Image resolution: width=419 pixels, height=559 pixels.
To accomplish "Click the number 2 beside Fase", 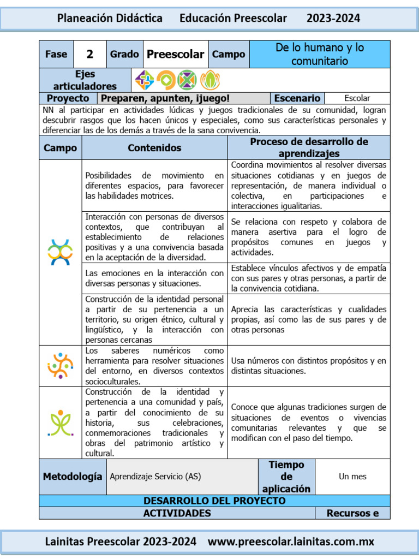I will (90, 54).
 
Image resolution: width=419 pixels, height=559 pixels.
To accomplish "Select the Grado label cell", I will (124, 54).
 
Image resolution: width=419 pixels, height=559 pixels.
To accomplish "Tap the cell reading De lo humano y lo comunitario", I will (319, 54).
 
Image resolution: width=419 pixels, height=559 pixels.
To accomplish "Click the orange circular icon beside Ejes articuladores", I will (166, 80).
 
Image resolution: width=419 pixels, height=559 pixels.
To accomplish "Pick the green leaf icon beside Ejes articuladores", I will (209, 80).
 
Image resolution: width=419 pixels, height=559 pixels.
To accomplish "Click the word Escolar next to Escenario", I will (357, 98).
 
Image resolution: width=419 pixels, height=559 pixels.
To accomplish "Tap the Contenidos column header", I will (154, 147).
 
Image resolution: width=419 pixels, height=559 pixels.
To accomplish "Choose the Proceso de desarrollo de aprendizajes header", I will (309, 147).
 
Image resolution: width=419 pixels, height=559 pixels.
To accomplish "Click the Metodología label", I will (73, 476).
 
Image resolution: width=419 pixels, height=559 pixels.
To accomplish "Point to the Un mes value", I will (352, 476).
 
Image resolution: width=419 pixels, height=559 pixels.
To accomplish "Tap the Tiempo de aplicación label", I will (286, 476).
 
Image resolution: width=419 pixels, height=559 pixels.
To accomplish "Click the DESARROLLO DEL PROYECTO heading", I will (214, 501).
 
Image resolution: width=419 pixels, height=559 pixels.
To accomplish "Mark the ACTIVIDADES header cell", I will (177, 513).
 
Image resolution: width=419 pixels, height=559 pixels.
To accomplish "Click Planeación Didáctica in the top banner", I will (110, 18).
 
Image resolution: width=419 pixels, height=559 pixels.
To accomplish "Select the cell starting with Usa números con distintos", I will (309, 366).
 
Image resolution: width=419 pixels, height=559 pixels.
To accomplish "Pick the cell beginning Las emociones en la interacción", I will (154, 278).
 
